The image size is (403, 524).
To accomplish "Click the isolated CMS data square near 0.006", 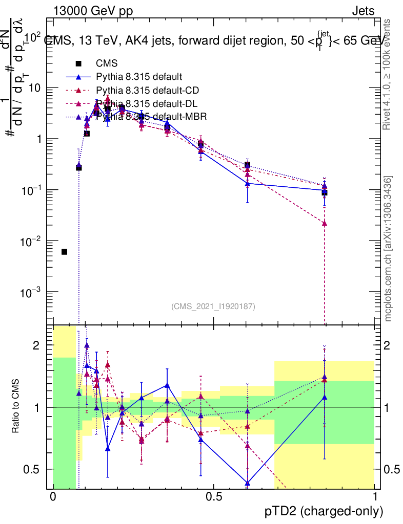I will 64,252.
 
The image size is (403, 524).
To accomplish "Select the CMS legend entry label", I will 107,63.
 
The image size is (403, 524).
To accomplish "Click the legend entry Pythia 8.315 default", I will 139,77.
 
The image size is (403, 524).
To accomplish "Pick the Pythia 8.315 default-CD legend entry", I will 148,91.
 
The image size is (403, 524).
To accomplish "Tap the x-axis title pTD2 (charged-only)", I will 324,511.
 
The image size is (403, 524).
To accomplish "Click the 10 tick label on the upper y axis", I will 35,88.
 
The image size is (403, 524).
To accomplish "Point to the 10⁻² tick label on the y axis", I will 32,241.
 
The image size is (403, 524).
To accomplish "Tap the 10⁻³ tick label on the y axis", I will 32,292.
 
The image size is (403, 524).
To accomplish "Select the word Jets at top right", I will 362,11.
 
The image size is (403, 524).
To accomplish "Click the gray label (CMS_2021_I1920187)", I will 213,307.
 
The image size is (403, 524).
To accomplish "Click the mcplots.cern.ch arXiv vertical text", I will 388,248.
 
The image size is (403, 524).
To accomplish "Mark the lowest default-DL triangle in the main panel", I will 324,224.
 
